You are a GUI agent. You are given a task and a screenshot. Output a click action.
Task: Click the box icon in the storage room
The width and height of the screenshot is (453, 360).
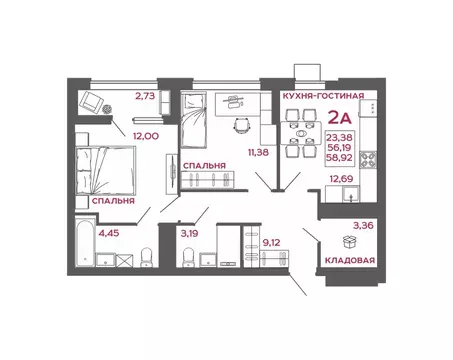(x=350, y=241)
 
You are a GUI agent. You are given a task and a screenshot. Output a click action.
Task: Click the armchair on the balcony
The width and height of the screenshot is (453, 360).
(x=93, y=100)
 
